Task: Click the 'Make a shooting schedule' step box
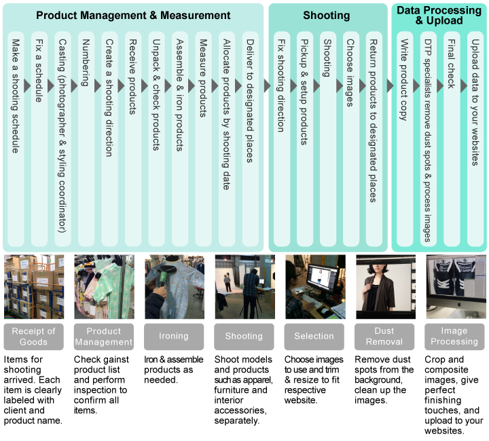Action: coord(16,136)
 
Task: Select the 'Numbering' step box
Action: coord(85,136)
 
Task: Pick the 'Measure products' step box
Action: coord(202,136)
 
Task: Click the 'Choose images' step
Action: coord(350,136)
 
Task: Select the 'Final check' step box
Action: coord(451,136)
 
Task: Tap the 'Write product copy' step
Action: coord(404,136)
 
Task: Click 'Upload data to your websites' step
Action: coord(475,136)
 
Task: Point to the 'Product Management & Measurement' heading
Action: coord(133,16)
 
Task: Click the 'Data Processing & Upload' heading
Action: coord(439,15)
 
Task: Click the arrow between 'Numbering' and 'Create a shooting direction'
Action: coord(97,85)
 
